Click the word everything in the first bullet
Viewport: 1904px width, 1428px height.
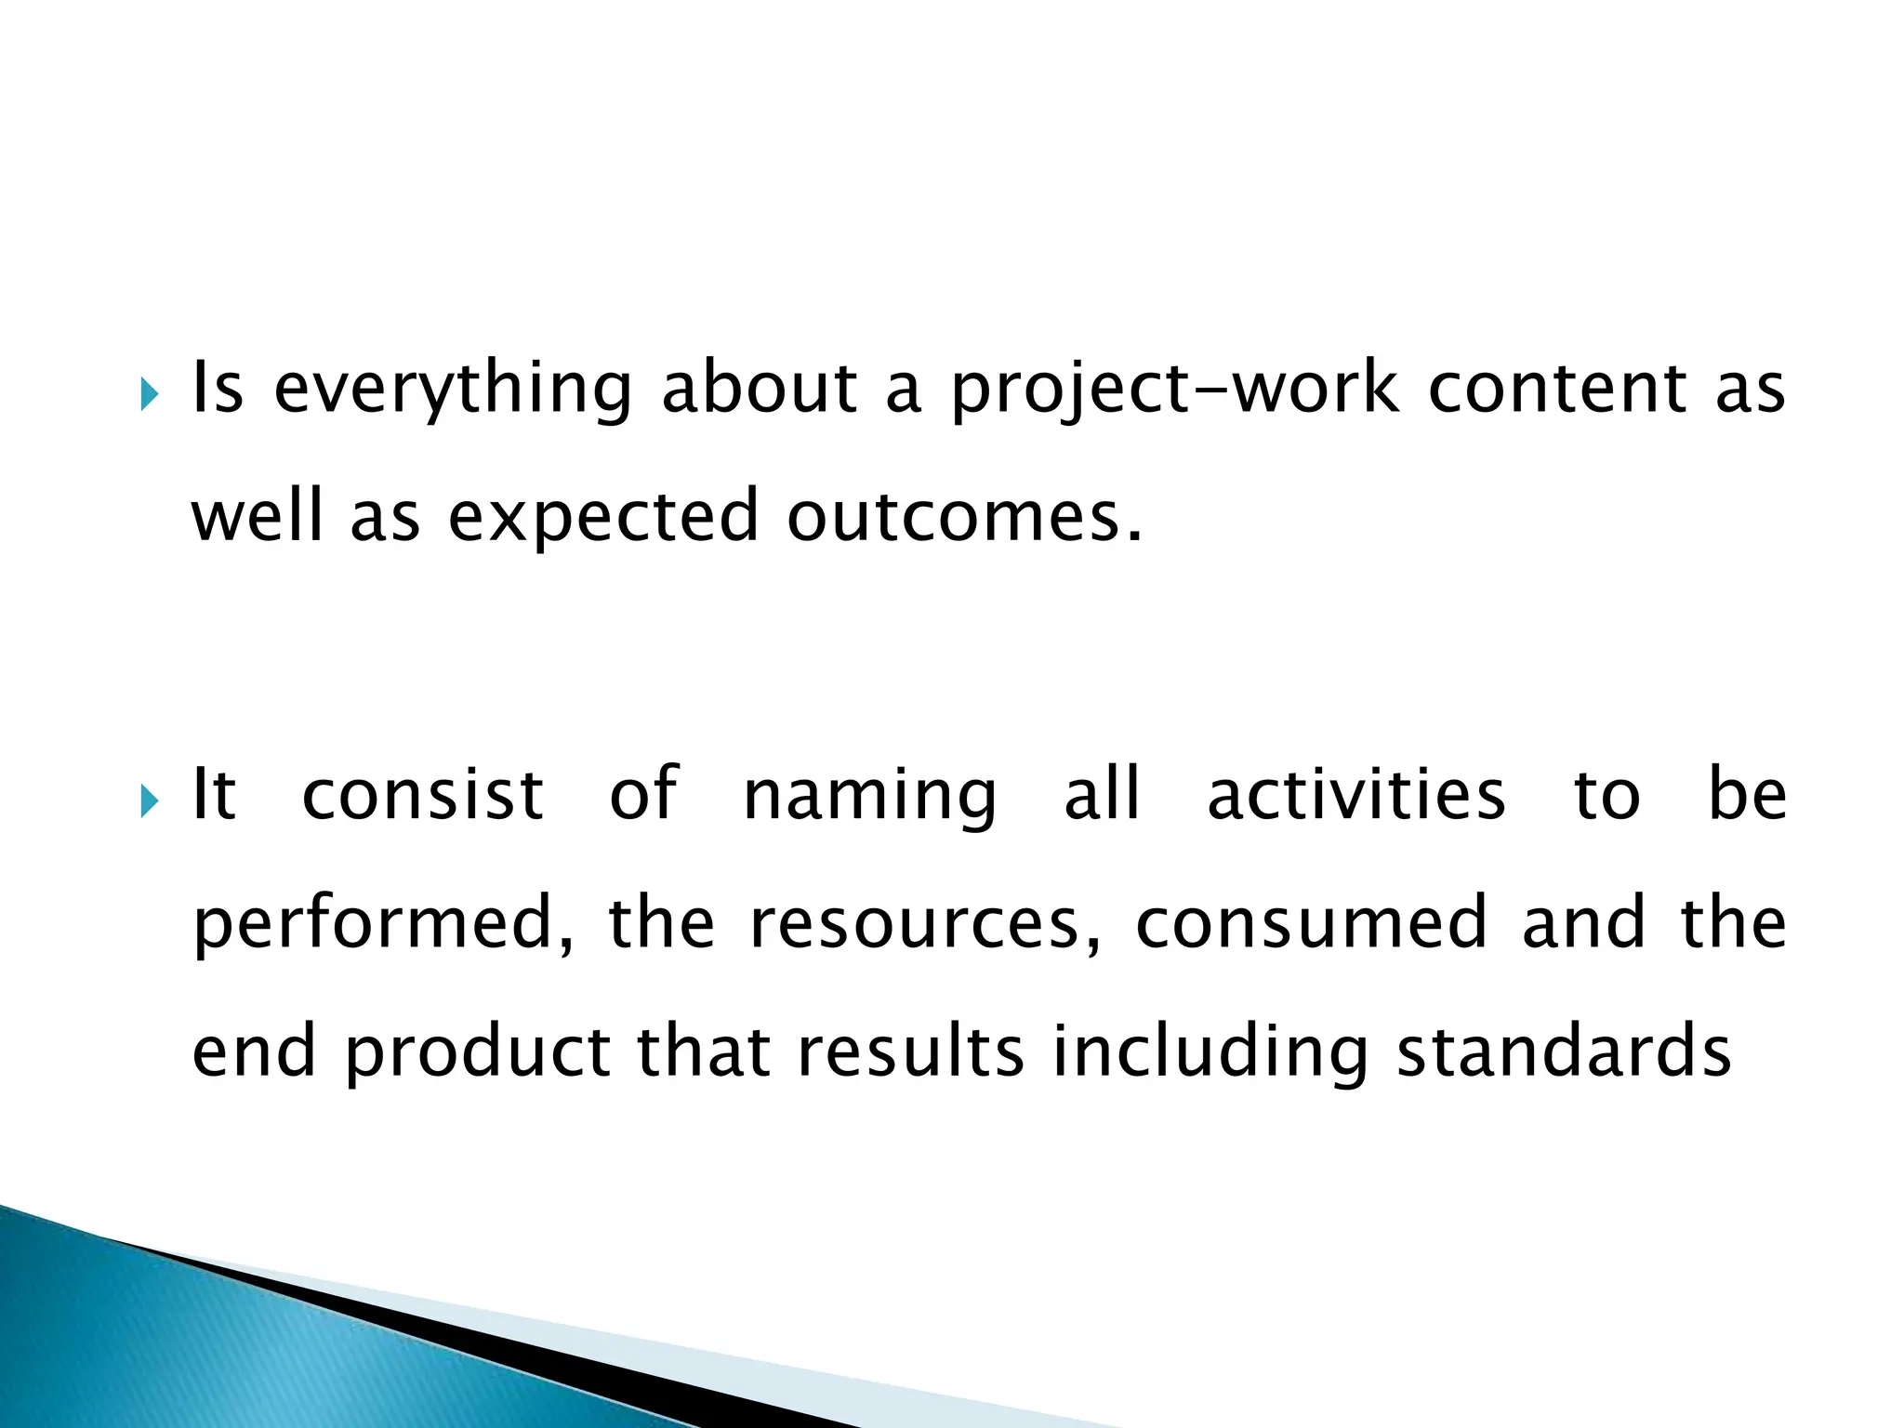coord(453,389)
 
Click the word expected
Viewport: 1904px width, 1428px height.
coord(603,517)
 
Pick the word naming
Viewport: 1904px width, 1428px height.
coord(870,798)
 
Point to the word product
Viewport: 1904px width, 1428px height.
coord(478,1053)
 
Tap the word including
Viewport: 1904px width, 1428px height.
coord(1210,1053)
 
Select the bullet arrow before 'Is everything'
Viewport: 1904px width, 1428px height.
coord(150,397)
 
